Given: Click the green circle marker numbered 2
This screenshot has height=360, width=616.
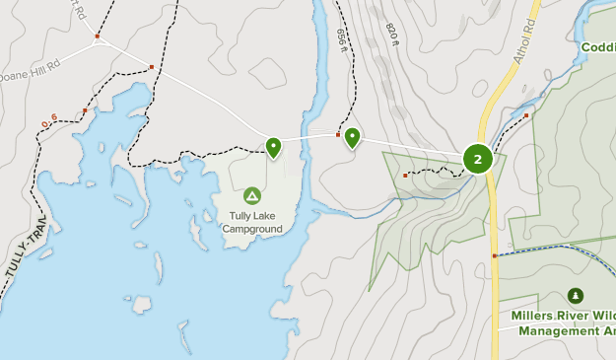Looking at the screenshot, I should click(478, 158).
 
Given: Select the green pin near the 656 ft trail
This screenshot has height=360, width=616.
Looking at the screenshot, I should click(352, 138).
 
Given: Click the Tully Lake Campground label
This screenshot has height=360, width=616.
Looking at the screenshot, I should click(251, 223).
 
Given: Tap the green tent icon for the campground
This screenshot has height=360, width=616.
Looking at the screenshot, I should click(251, 196).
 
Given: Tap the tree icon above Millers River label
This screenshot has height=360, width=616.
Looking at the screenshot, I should click(576, 296).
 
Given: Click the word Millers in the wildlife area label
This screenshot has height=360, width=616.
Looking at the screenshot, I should click(534, 317).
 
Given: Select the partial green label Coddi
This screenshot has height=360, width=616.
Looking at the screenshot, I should click(598, 47).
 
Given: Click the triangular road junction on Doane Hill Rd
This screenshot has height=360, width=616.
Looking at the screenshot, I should click(99, 40).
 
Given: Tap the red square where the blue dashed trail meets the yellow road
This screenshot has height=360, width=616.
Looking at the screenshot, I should click(494, 255).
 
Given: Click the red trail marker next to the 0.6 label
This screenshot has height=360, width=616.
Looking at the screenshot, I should click(85, 110).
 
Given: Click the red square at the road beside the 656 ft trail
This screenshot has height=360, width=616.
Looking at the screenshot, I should click(338, 134).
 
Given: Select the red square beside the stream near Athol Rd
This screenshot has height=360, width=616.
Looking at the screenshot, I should click(526, 116).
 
